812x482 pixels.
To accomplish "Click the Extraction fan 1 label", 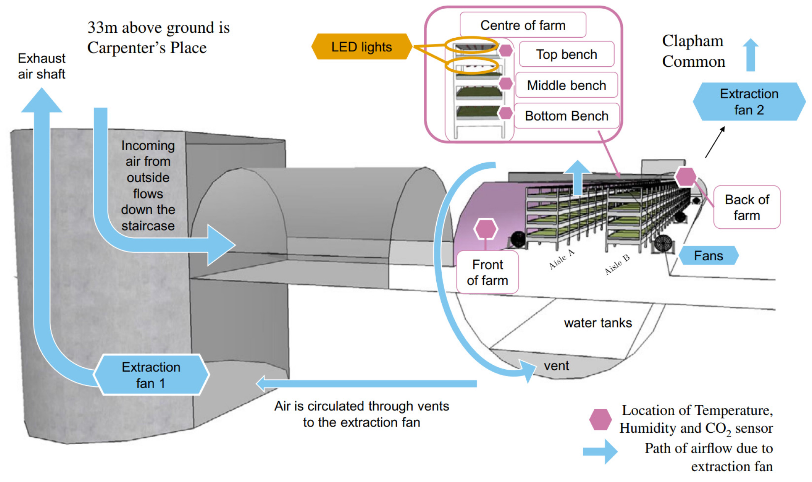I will pyautogui.click(x=151, y=375).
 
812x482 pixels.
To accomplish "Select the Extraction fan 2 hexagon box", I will pyautogui.click(x=749, y=102).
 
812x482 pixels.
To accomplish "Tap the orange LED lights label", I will pyautogui.click(x=361, y=47).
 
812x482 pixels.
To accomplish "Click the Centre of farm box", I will pyautogui.click(x=523, y=25).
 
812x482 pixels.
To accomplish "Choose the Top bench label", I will pyautogui.click(x=566, y=54).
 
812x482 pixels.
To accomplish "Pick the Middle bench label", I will pyautogui.click(x=566, y=85).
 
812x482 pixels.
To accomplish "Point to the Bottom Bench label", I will pyautogui.click(x=566, y=116).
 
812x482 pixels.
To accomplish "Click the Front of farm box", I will pyautogui.click(x=487, y=272).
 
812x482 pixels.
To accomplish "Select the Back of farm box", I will pyautogui.click(x=746, y=207).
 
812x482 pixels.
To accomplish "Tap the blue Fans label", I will pyautogui.click(x=708, y=256).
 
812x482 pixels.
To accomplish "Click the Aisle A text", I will pyautogui.click(x=562, y=259).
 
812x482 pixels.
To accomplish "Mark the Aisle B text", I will pyautogui.click(x=617, y=264).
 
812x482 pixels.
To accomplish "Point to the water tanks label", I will pyautogui.click(x=598, y=323).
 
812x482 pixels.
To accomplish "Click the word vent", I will pyautogui.click(x=556, y=366).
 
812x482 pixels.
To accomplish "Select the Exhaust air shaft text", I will pyautogui.click(x=41, y=66).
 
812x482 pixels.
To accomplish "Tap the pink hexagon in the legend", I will pyautogui.click(x=600, y=419).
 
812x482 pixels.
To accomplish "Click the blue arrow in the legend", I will pyautogui.click(x=600, y=451).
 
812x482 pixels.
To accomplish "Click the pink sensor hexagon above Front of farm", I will pyautogui.click(x=486, y=229).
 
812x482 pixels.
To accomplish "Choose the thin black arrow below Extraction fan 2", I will pyautogui.click(x=715, y=142).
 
